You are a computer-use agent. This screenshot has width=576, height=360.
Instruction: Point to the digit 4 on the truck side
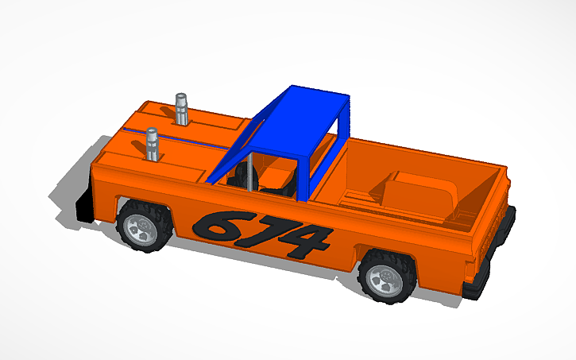[307, 242]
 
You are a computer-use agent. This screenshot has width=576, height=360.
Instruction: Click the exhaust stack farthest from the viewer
[183, 109]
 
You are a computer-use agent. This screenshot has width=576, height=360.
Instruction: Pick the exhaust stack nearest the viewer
[151, 145]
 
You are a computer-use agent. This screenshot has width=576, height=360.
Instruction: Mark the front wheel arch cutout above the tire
[143, 202]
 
